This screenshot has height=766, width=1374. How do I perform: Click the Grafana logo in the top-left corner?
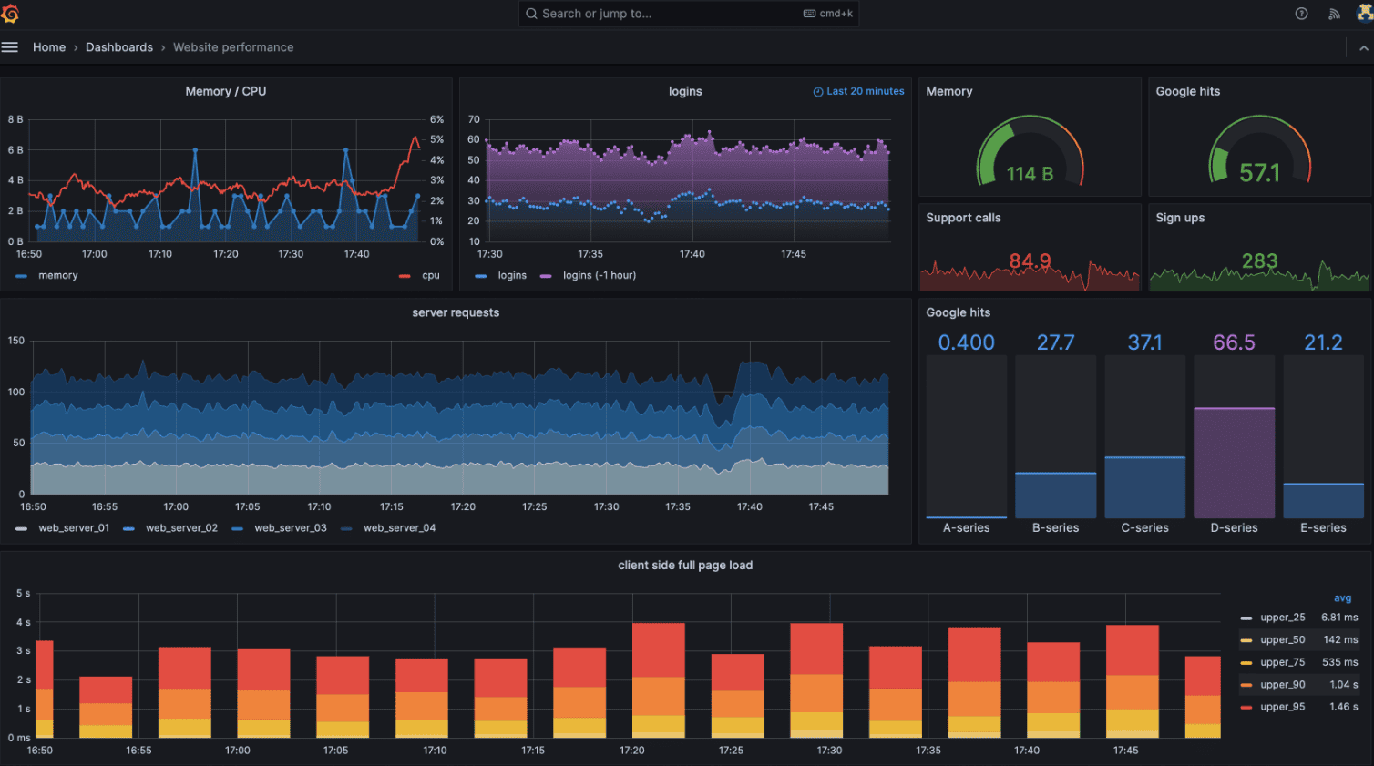click(10, 14)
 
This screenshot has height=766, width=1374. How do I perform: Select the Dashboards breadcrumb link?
click(119, 47)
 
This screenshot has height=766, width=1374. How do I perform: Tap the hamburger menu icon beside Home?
click(10, 47)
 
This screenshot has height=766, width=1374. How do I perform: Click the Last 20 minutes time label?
click(865, 91)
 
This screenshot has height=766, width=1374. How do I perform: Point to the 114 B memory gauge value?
click(1030, 174)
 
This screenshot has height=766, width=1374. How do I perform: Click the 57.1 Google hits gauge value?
click(1259, 173)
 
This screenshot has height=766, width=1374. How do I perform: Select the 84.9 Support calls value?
click(1030, 261)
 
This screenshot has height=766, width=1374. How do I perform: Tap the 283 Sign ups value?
click(1259, 261)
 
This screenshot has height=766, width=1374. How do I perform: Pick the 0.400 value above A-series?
click(966, 342)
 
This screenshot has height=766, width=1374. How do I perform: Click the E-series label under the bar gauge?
click(1323, 528)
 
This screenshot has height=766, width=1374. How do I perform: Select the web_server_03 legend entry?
click(290, 528)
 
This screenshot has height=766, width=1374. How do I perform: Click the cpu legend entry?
click(430, 276)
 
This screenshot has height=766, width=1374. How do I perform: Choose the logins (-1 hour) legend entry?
click(599, 276)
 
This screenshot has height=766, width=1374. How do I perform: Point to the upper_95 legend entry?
click(1282, 707)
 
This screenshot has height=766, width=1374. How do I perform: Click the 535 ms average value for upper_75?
click(1339, 662)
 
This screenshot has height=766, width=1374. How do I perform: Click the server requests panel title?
click(456, 312)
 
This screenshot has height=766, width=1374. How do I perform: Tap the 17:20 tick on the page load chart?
click(631, 751)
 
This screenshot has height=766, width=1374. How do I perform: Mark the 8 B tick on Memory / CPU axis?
click(15, 119)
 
